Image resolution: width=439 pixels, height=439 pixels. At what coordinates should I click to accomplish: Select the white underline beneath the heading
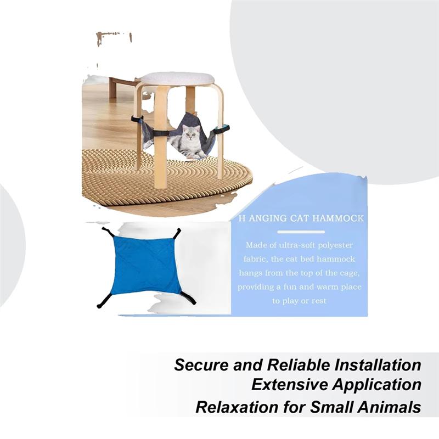pos(300,229)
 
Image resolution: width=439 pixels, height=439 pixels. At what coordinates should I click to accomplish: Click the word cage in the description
pos(348,273)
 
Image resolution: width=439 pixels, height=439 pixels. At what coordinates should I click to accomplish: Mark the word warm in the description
pos(325,287)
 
